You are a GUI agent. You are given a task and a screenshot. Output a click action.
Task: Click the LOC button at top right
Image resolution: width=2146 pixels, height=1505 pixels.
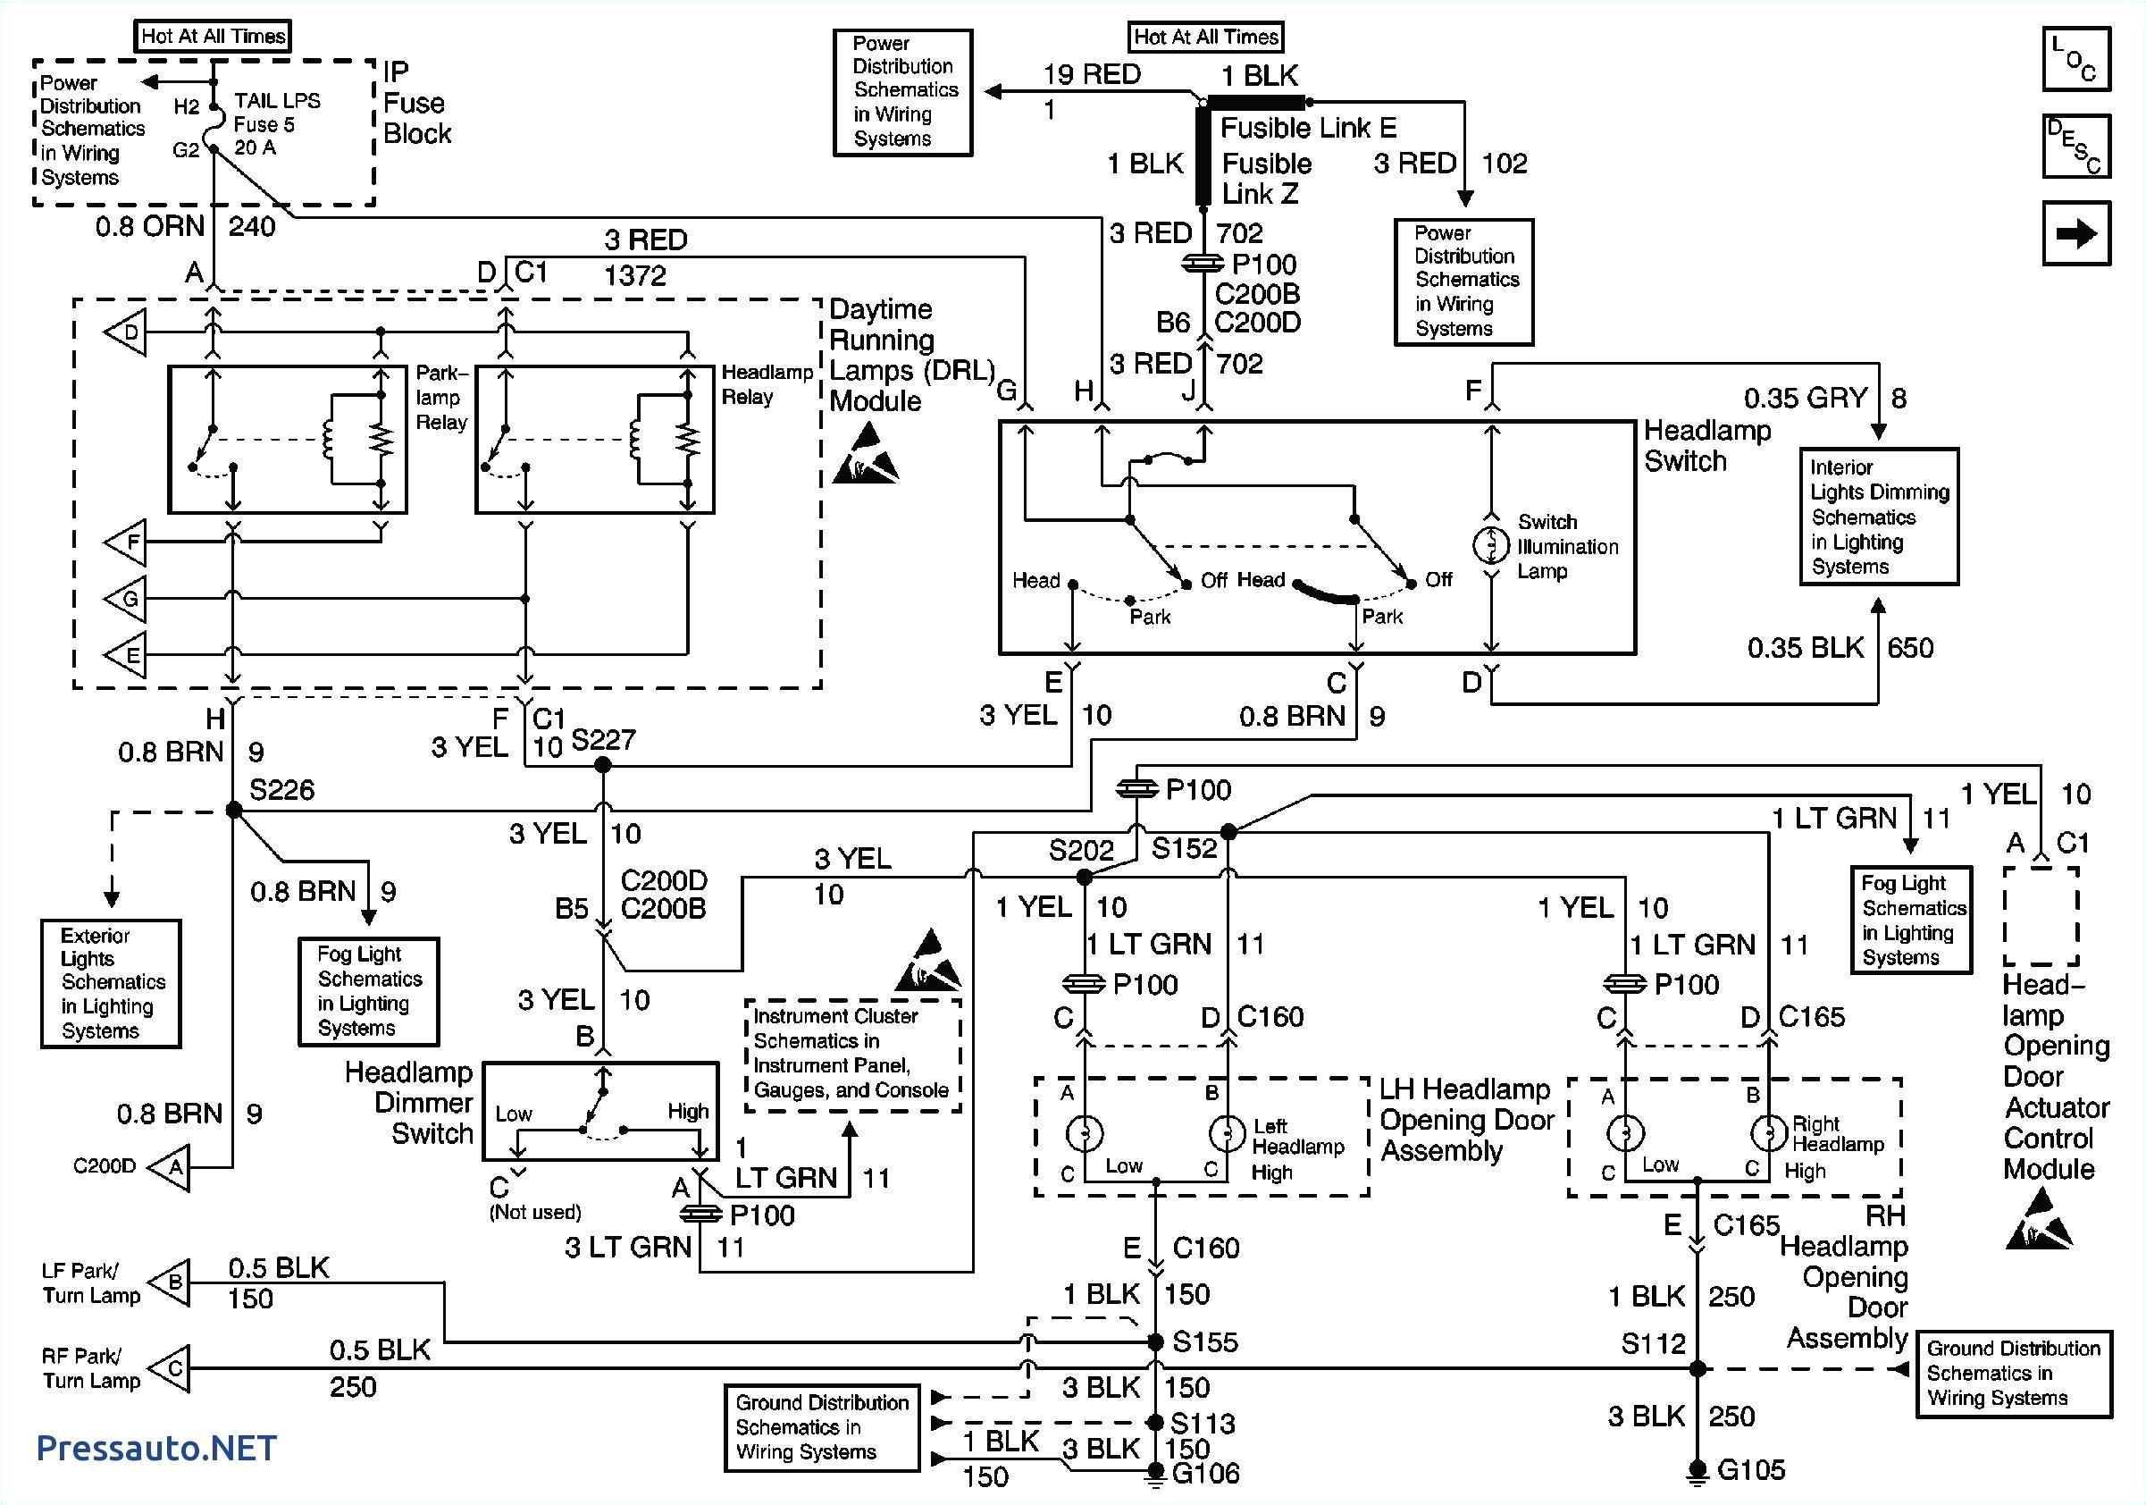[2075, 59]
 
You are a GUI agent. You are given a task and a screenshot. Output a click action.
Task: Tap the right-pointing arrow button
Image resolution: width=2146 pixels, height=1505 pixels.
[2075, 233]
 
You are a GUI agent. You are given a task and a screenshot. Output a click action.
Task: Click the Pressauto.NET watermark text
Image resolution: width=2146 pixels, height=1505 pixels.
[156, 1448]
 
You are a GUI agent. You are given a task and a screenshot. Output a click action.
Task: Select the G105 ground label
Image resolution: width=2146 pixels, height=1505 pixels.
[1749, 1469]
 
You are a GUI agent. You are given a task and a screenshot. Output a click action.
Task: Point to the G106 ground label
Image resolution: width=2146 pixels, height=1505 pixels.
[1205, 1473]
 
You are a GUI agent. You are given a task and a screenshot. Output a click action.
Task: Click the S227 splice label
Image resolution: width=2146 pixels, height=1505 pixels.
[603, 740]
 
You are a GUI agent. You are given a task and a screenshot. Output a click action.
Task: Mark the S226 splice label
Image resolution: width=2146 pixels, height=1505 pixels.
[281, 791]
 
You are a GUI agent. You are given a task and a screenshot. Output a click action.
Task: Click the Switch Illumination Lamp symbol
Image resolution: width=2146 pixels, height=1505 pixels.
[1491, 545]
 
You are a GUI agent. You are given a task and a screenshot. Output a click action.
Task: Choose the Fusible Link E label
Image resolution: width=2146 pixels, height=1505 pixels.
[1308, 127]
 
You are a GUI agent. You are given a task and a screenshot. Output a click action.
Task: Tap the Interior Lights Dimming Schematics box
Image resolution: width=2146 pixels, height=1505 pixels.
[1879, 517]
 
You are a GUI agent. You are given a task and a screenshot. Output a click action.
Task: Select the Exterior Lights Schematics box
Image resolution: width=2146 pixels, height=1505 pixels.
[111, 983]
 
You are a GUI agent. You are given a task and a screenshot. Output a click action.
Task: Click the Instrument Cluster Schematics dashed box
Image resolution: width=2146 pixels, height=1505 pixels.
[851, 1054]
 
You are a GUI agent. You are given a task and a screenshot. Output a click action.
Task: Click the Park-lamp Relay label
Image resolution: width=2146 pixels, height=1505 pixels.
[441, 398]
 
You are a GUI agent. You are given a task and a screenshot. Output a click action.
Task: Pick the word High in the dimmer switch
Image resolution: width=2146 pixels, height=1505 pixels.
[688, 1112]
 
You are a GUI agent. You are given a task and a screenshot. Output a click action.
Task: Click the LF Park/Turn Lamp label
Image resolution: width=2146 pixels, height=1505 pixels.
[90, 1282]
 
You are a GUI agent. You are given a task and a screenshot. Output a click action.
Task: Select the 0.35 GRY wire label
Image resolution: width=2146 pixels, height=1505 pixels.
[1804, 399]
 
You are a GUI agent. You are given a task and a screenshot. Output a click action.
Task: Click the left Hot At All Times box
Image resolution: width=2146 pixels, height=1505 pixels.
[214, 37]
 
